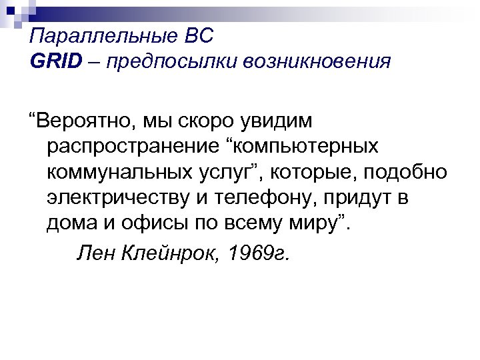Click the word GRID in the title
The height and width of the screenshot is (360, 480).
point(55,61)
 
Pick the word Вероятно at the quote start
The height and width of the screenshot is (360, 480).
point(83,122)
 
